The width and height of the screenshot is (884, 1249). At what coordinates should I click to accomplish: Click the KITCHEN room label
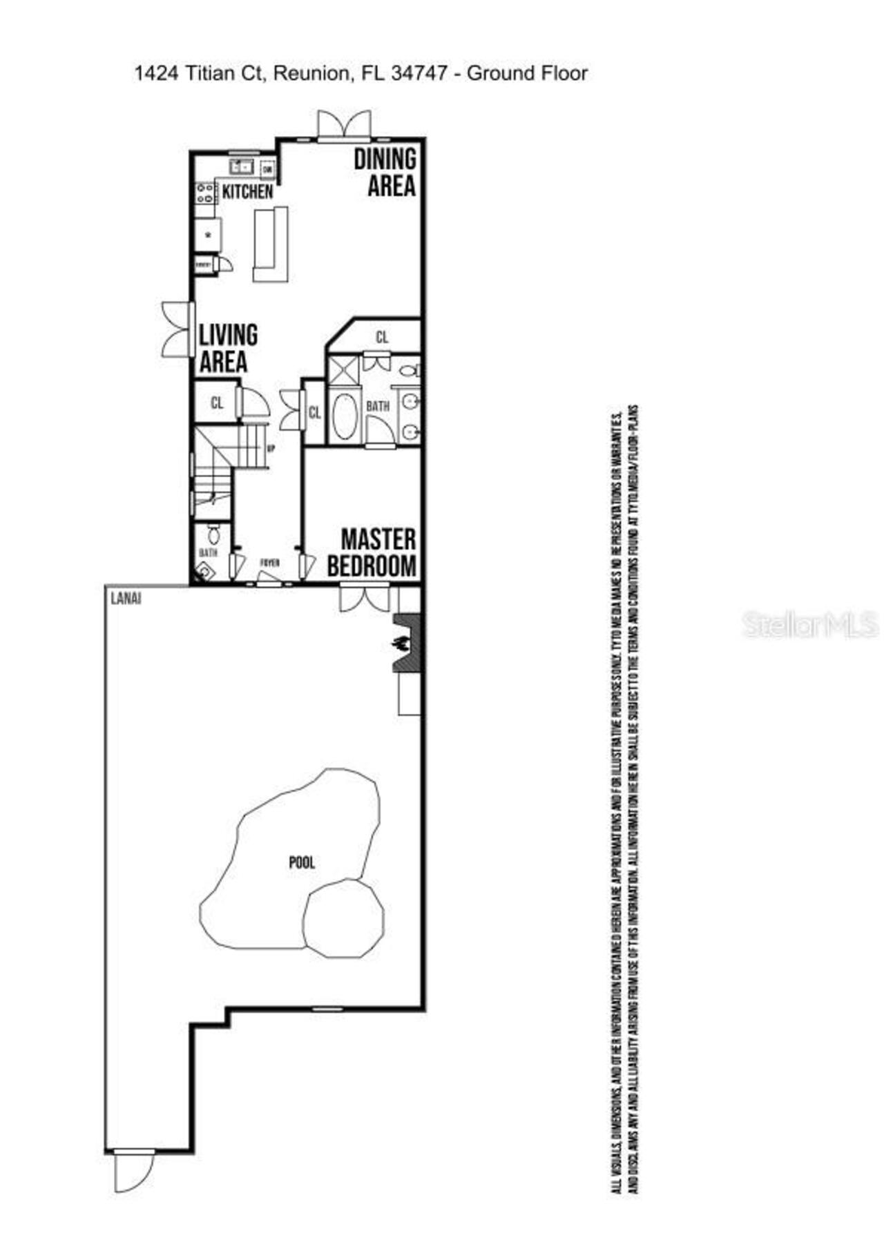pyautogui.click(x=247, y=192)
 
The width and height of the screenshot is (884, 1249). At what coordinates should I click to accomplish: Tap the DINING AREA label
pyautogui.click(x=385, y=173)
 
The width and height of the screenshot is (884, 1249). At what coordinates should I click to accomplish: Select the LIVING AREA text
pyautogui.click(x=227, y=349)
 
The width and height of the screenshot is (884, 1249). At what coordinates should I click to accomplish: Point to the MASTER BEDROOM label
pyautogui.click(x=373, y=552)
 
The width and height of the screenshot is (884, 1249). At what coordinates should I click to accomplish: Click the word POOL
pyautogui.click(x=302, y=862)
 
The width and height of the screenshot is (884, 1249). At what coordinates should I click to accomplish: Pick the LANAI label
pyautogui.click(x=126, y=599)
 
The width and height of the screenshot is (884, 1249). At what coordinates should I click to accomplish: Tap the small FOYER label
pyautogui.click(x=269, y=563)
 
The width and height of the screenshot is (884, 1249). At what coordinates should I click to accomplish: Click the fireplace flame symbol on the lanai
pyautogui.click(x=400, y=643)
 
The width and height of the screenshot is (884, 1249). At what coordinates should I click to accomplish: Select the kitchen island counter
pyautogui.click(x=270, y=244)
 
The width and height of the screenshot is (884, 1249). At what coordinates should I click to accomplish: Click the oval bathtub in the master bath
pyautogui.click(x=343, y=416)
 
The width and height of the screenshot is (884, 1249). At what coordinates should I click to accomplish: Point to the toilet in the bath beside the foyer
pyautogui.click(x=213, y=534)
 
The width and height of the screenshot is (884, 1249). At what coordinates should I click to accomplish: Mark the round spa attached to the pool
pyautogui.click(x=344, y=918)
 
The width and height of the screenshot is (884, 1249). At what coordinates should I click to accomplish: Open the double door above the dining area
pyautogui.click(x=343, y=125)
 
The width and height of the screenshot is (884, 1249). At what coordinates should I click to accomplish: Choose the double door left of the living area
pyautogui.click(x=176, y=329)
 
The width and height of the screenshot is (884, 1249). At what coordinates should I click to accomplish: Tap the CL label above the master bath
pyautogui.click(x=382, y=338)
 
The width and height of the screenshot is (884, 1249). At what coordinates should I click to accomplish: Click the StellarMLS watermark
pyautogui.click(x=809, y=625)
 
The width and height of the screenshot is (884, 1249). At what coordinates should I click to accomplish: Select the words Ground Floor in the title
pyautogui.click(x=528, y=73)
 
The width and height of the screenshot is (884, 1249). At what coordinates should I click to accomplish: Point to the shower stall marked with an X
pyautogui.click(x=343, y=369)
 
